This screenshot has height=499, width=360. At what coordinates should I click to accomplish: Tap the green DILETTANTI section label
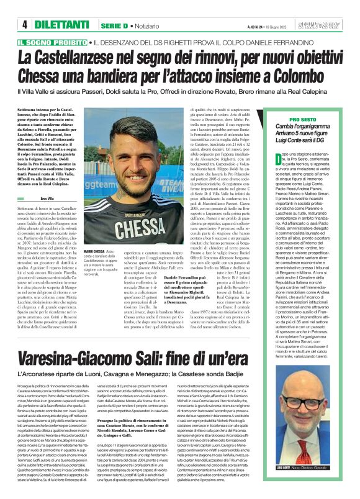(60, 25)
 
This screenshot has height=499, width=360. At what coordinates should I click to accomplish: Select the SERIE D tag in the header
(114, 25)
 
